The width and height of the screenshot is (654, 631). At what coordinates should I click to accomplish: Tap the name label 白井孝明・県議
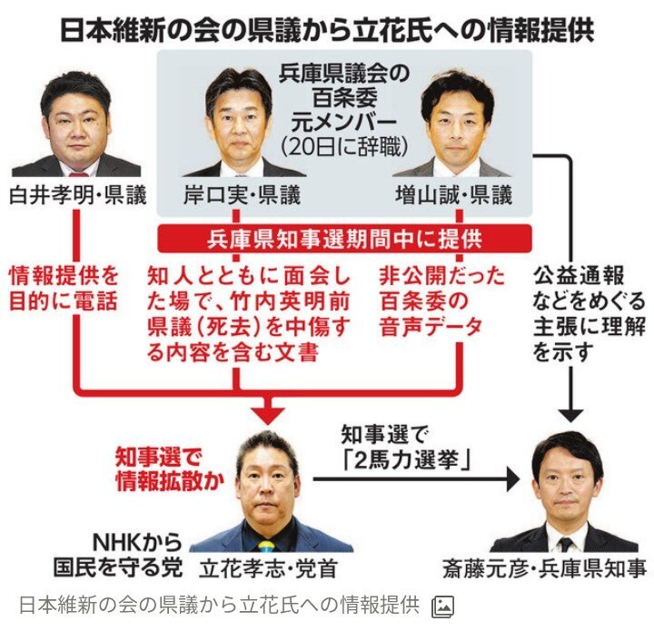(78, 195)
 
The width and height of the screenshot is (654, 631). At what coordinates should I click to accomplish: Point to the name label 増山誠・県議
(452, 195)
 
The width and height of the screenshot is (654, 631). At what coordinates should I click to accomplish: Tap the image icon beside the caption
(443, 606)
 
